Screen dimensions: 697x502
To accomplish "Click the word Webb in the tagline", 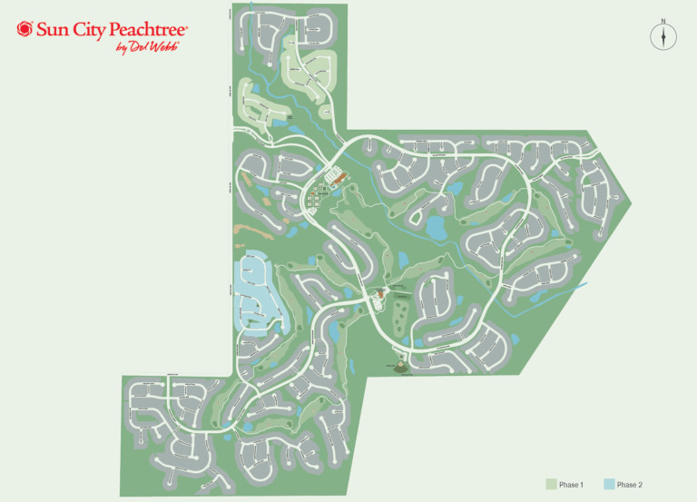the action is [173, 47].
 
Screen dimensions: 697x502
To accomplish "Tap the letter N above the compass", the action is [663, 20].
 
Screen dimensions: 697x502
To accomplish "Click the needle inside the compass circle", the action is [663, 36].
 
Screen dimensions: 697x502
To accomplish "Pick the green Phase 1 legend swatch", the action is [550, 485].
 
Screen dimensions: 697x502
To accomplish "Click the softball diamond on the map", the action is [397, 365].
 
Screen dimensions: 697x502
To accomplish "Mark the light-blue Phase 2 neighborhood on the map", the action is [253, 292].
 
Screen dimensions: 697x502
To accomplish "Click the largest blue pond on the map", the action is [435, 226].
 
